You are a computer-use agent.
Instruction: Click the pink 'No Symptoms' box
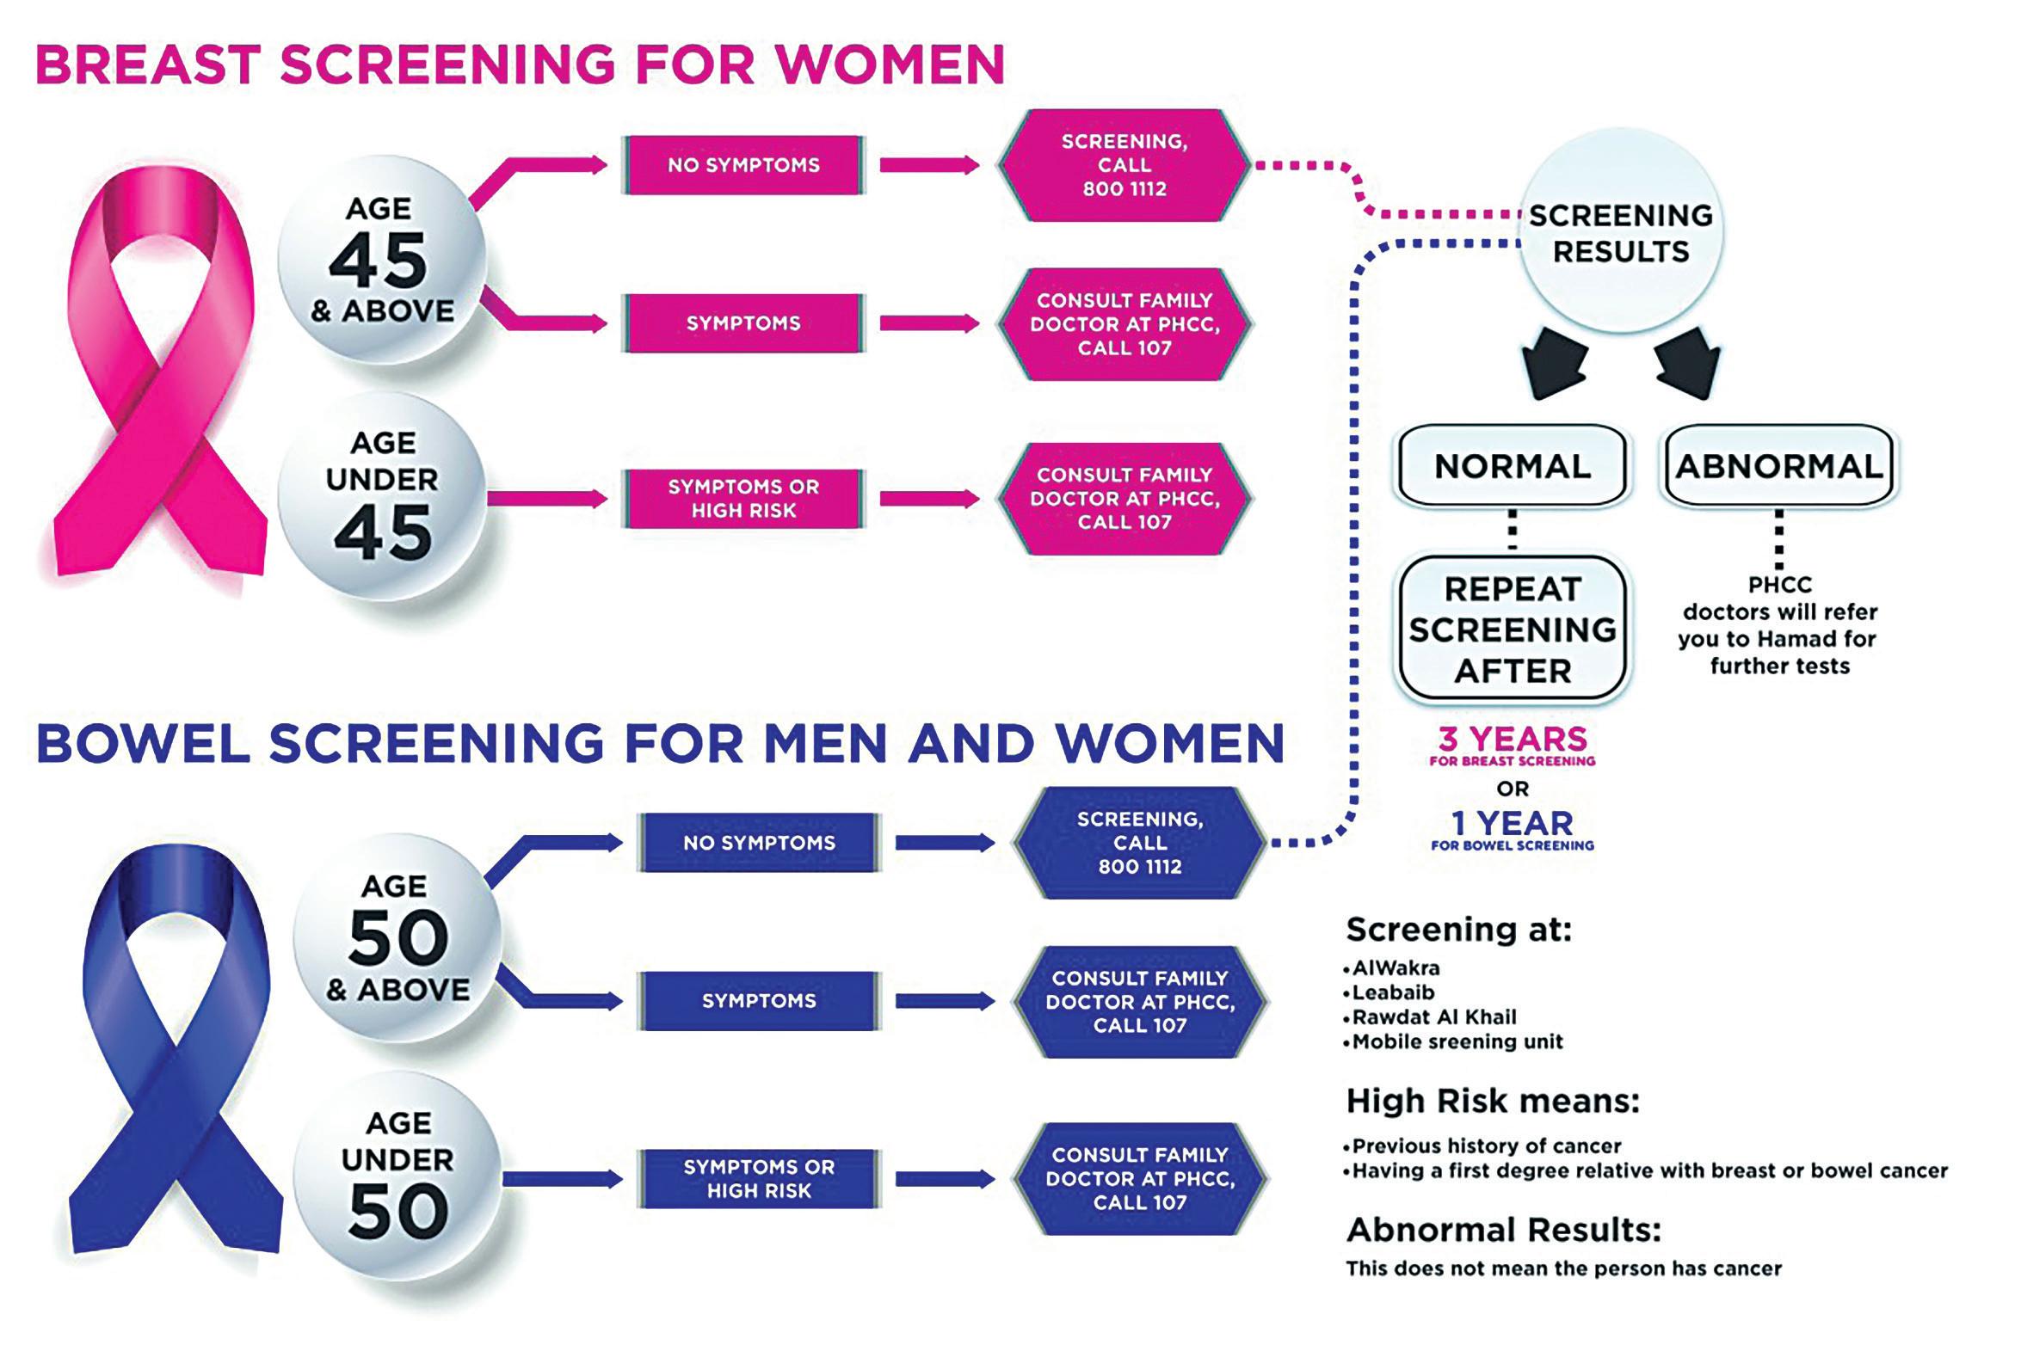[743, 165]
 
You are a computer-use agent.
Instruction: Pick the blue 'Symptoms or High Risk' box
[759, 1179]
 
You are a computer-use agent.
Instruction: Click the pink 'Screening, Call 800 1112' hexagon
[1124, 165]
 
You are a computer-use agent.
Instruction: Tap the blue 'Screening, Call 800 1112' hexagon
[1139, 843]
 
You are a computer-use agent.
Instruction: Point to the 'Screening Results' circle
[1621, 232]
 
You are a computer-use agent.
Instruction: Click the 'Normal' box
[1513, 466]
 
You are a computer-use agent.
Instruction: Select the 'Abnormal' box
[1779, 466]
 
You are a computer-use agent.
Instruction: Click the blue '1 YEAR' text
[1513, 824]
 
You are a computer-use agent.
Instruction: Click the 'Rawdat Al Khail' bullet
[1433, 1017]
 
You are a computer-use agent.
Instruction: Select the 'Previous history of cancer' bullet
[1485, 1146]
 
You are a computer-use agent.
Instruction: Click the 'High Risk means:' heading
[1493, 1101]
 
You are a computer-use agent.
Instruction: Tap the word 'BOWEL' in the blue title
[143, 743]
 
